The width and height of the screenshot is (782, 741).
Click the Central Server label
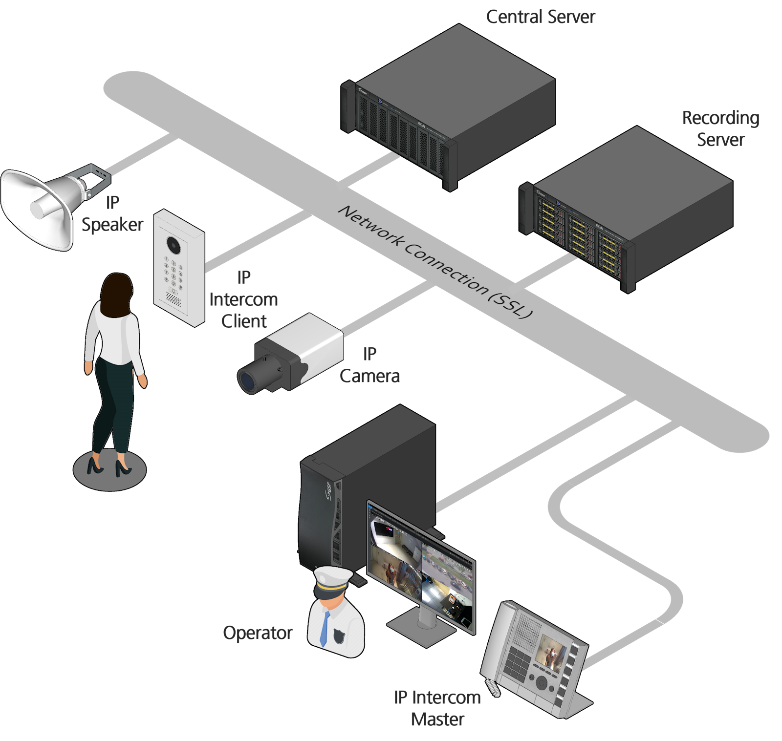tap(540, 17)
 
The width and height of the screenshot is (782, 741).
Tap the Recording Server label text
tap(720, 128)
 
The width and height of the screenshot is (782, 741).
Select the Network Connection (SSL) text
tap(435, 262)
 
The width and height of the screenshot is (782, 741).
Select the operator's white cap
tap(332, 579)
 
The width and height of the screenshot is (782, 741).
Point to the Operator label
tap(258, 633)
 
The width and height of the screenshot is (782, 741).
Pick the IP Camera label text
tap(369, 365)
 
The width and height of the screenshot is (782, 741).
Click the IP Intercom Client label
tap(243, 299)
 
